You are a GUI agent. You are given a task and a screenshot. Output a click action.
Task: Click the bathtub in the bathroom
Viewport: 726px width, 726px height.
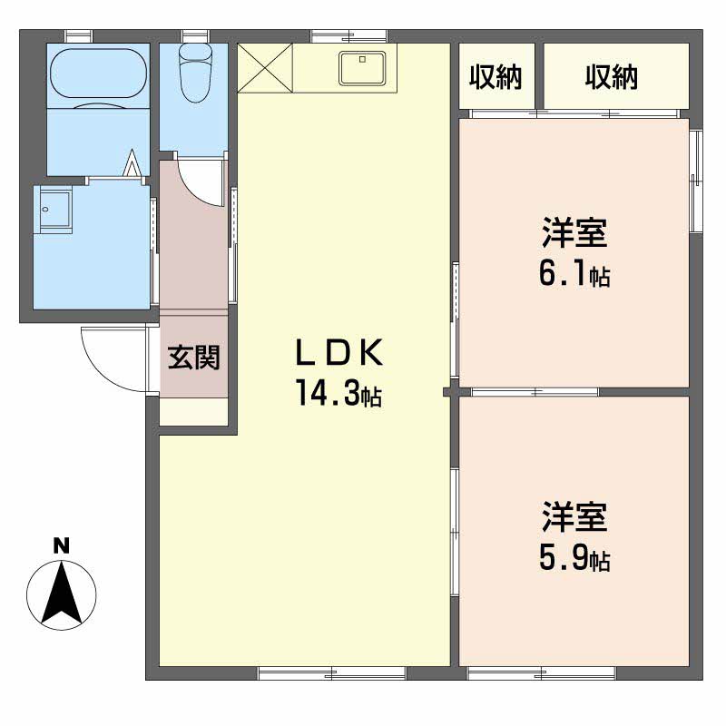[98, 73]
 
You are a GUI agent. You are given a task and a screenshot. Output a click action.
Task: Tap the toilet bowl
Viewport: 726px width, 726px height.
[195, 74]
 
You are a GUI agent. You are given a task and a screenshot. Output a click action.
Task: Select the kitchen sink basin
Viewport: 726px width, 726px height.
[362, 68]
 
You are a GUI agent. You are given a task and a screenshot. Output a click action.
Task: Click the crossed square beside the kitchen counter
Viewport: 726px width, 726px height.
[265, 68]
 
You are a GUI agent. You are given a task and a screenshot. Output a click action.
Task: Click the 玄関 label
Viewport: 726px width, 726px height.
[193, 357]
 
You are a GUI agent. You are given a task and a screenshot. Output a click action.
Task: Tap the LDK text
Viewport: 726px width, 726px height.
[339, 353]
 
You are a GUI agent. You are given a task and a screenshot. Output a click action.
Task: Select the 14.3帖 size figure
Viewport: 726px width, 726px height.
[338, 393]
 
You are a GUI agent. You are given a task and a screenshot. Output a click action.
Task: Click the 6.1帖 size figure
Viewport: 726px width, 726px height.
[574, 274]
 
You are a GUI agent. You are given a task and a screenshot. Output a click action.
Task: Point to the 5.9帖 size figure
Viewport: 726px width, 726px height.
[574, 558]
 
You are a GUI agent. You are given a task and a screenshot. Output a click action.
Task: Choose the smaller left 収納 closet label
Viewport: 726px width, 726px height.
[495, 77]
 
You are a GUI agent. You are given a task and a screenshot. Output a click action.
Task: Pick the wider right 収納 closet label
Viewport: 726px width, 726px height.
[611, 77]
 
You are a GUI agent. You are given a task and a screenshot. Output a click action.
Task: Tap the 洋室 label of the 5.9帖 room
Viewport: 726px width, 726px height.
[574, 516]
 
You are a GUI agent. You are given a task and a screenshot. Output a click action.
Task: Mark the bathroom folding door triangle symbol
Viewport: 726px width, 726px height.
[132, 162]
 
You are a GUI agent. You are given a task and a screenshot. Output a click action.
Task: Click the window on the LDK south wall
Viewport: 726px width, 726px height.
[331, 672]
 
